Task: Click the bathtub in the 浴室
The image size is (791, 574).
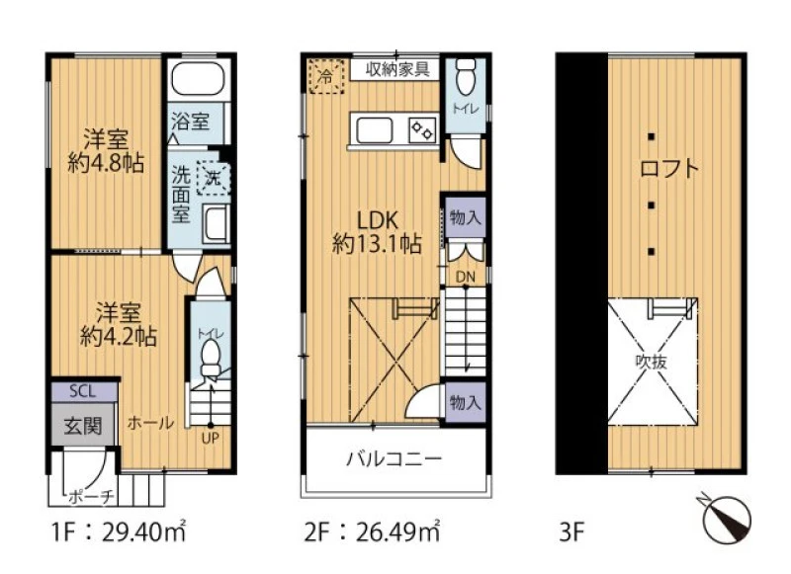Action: (x=199, y=79)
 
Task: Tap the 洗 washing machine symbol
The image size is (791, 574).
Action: (x=214, y=178)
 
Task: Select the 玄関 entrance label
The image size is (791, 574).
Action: (x=83, y=427)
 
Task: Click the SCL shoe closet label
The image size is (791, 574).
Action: (x=83, y=391)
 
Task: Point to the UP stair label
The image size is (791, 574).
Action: (x=211, y=439)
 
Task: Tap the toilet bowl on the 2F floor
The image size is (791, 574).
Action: (x=465, y=76)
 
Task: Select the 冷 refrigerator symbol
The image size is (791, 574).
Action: (x=326, y=77)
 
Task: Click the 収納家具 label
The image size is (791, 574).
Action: (x=397, y=69)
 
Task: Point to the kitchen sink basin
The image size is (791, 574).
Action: (x=375, y=131)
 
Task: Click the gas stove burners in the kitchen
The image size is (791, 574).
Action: (x=422, y=130)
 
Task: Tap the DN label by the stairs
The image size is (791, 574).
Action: (x=465, y=277)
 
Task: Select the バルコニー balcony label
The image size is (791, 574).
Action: (x=394, y=459)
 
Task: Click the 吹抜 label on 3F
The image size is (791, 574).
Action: (x=652, y=362)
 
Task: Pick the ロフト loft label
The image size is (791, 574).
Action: (x=669, y=168)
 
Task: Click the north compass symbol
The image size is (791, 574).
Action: (x=727, y=519)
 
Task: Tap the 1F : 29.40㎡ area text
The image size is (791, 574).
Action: (x=119, y=532)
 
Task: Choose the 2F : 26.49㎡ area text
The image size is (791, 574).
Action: (x=373, y=532)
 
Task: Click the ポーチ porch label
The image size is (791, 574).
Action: (x=91, y=497)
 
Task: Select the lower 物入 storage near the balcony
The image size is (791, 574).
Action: (x=465, y=402)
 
